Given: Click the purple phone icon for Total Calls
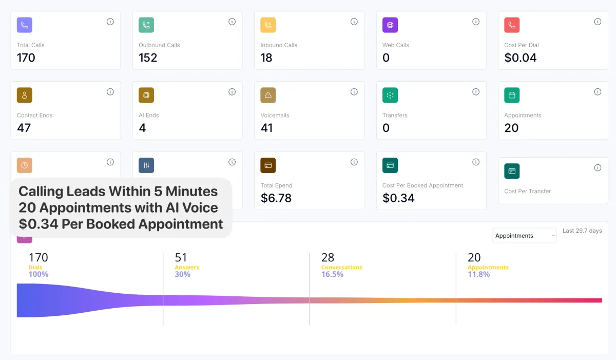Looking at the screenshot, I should pyautogui.click(x=25, y=25).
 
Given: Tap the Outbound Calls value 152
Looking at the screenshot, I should pyautogui.click(x=148, y=58).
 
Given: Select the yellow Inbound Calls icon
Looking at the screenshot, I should pyautogui.click(x=268, y=25).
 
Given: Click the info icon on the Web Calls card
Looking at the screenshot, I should pyautogui.click(x=476, y=22).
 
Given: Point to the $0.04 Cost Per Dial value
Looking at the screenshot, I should pyautogui.click(x=521, y=58).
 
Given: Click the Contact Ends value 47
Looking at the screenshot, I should pyautogui.click(x=24, y=128).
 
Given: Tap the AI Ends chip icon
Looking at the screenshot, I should pyautogui.click(x=146, y=95).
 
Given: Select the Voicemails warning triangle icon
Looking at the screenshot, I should pyautogui.click(x=268, y=95).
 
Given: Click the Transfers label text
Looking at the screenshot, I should pyautogui.click(x=395, y=116).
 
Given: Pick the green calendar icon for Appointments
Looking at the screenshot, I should pyautogui.click(x=512, y=95).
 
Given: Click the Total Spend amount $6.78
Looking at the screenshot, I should pyautogui.click(x=276, y=198).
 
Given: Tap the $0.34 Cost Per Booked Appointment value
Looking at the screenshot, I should pyautogui.click(x=398, y=198).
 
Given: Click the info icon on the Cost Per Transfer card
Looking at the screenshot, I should pyautogui.click(x=598, y=168).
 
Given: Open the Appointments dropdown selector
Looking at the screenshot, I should pyautogui.click(x=524, y=236).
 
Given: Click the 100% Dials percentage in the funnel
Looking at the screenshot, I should pyautogui.click(x=38, y=274).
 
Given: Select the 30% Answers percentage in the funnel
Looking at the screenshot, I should pyautogui.click(x=182, y=274).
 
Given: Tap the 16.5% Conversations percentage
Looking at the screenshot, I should pyautogui.click(x=332, y=274).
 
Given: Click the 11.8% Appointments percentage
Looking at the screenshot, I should pyautogui.click(x=478, y=274).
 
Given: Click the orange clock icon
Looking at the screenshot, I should pyautogui.click(x=25, y=165).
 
